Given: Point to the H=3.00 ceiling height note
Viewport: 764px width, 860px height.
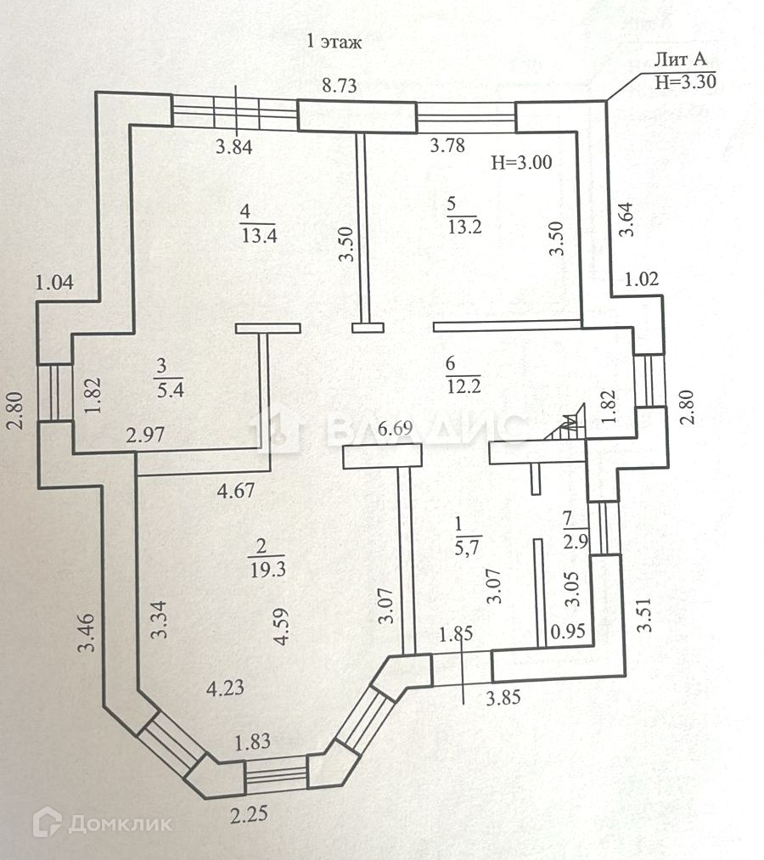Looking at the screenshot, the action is coord(522,164).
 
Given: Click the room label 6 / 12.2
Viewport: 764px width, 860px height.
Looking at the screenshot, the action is coord(463,375).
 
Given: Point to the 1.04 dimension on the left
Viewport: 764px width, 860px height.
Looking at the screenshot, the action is coord(54,284).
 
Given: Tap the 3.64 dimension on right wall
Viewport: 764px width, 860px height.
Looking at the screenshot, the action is coord(626,221).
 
